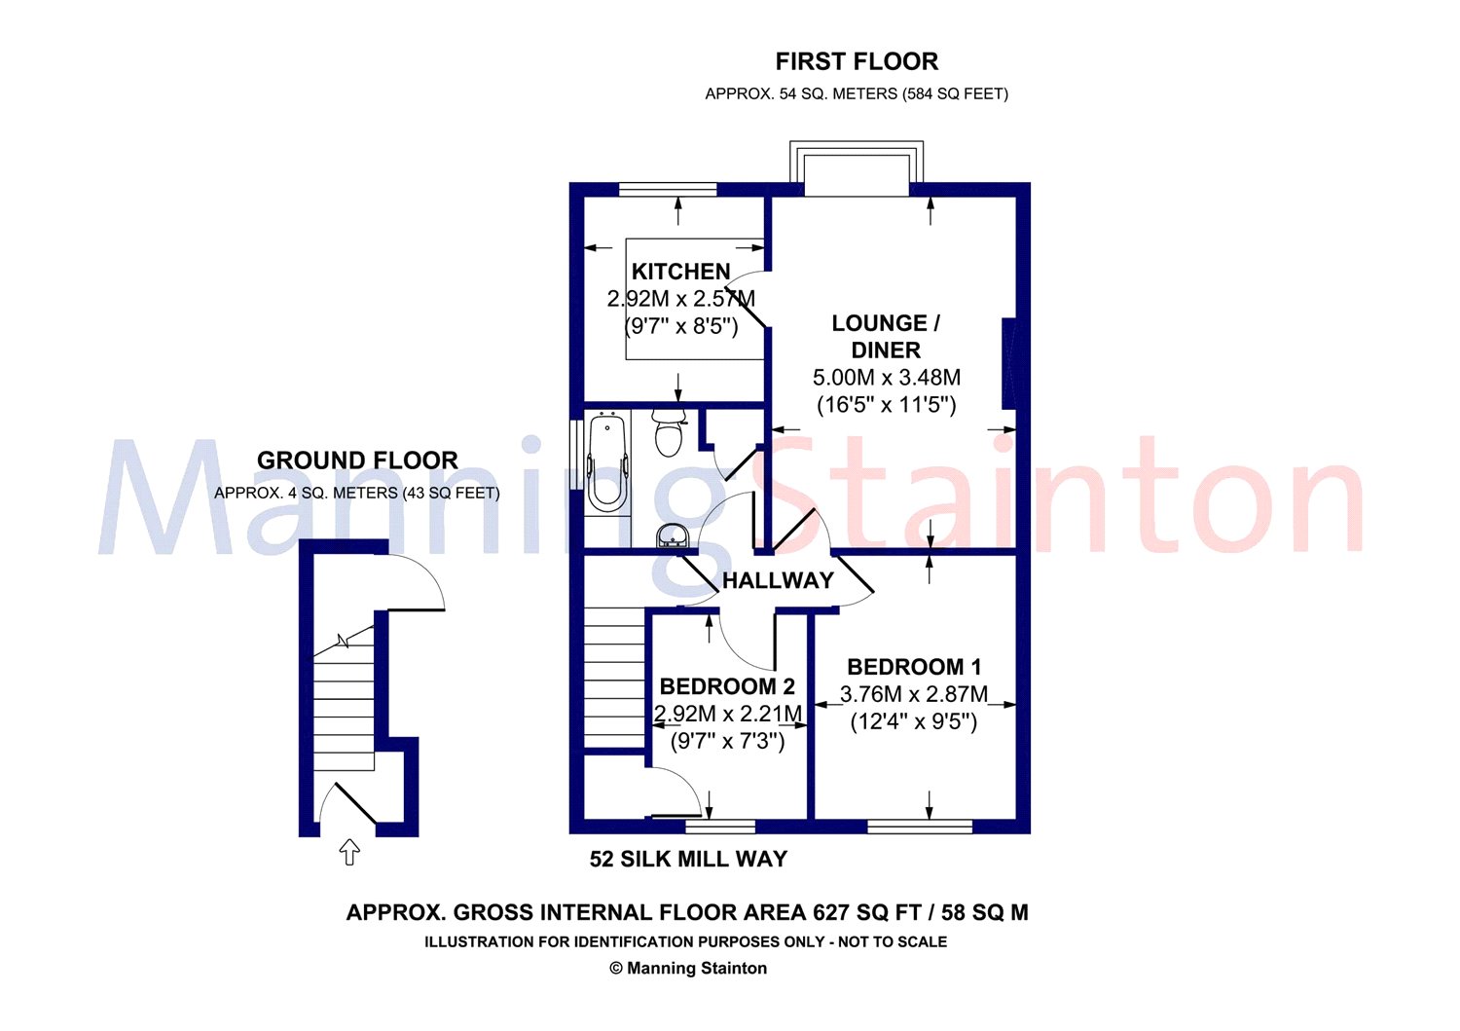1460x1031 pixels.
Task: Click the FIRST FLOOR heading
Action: pos(857,62)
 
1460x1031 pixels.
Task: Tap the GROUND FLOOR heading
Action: pos(357,460)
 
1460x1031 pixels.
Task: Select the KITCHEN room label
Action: pos(680,272)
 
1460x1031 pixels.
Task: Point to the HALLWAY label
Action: pos(778,580)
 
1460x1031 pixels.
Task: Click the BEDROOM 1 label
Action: pos(914,667)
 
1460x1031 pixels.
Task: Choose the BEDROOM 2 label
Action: pos(727,686)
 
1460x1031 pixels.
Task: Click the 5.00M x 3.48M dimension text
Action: pos(887,377)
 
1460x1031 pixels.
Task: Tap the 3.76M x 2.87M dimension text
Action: pos(914,694)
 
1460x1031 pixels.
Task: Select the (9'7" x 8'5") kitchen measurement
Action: pos(681,326)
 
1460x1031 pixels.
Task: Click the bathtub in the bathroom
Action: pos(606,461)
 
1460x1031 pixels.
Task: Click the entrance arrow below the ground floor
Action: pos(350,852)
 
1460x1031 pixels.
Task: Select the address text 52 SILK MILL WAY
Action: pos(688,859)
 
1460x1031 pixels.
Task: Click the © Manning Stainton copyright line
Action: pos(687,969)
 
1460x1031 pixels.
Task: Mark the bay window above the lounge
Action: pos(857,167)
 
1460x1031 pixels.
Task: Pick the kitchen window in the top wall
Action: pos(668,189)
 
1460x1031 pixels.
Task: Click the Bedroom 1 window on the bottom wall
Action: pos(920,827)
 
